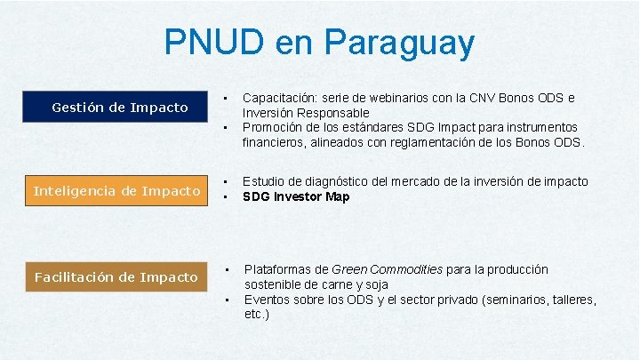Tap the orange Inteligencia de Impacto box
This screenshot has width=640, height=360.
tap(116, 190)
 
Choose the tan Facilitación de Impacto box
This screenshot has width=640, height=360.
tap(116, 276)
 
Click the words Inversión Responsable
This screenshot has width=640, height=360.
tap(306, 113)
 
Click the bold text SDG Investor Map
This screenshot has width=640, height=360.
tap(296, 196)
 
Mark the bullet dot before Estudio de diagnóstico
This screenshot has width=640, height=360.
tap(227, 181)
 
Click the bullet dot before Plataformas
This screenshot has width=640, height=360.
tap(227, 268)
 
